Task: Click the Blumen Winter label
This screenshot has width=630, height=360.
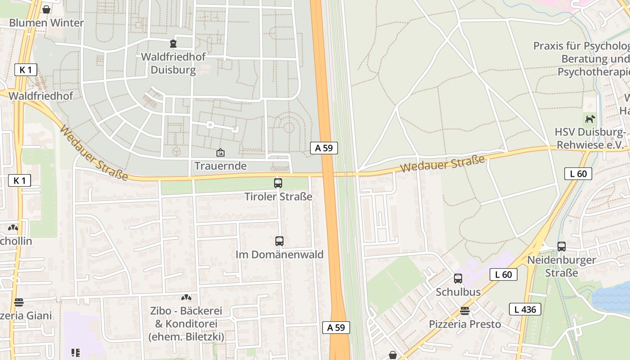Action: point(46,22)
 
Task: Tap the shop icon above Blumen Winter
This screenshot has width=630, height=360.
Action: point(46,9)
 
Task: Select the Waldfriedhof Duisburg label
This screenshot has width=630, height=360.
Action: point(173,63)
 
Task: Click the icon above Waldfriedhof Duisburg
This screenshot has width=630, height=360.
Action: point(173,44)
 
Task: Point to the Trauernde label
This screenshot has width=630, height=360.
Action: point(220,166)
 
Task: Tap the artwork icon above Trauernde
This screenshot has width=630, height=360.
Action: point(220,153)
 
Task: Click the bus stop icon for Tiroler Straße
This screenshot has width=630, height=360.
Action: point(278,183)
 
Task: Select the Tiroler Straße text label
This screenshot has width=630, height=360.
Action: point(278,197)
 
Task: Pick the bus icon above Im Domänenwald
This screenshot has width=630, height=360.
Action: point(279,241)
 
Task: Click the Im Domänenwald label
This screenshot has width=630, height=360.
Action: point(279,255)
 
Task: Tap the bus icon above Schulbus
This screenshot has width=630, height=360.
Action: point(458,279)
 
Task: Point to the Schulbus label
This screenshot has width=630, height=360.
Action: point(458,292)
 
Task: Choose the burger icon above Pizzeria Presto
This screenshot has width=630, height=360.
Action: point(465,311)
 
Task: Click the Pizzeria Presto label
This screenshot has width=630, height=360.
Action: point(465,324)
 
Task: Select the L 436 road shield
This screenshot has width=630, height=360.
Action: point(525,309)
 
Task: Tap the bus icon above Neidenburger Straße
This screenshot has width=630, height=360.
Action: point(562,247)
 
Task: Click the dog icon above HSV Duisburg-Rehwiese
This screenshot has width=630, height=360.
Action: point(590,119)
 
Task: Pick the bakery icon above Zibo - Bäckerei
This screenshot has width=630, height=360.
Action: point(186,297)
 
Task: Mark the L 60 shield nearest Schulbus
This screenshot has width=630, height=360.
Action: point(504,274)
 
